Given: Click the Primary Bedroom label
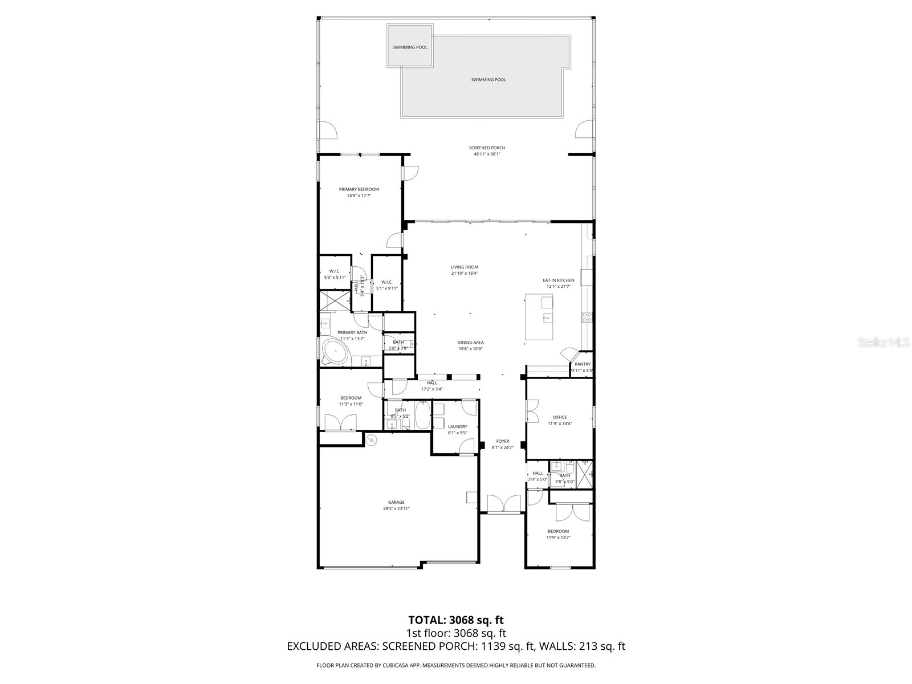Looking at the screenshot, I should pyautogui.click(x=359, y=189).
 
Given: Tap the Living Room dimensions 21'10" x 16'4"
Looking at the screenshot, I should pyautogui.click(x=464, y=273).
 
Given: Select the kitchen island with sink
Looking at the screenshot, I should pyautogui.click(x=539, y=317).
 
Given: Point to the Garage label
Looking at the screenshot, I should pyautogui.click(x=396, y=502).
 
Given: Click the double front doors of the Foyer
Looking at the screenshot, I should pyautogui.click(x=503, y=504).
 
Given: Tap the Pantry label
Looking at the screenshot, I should pyautogui.click(x=583, y=364).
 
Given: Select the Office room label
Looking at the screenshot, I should pyautogui.click(x=560, y=417).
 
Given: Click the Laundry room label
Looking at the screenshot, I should pyautogui.click(x=457, y=426).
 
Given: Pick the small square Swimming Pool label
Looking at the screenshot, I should pyautogui.click(x=409, y=47).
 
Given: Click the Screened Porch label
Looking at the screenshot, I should pyautogui.click(x=487, y=148).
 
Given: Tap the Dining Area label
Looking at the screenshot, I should pyautogui.click(x=470, y=343).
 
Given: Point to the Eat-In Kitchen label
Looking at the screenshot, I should pyautogui.click(x=558, y=280).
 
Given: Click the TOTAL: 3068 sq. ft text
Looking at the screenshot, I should pyautogui.click(x=456, y=620).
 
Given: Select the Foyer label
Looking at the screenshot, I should pyautogui.click(x=502, y=441).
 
